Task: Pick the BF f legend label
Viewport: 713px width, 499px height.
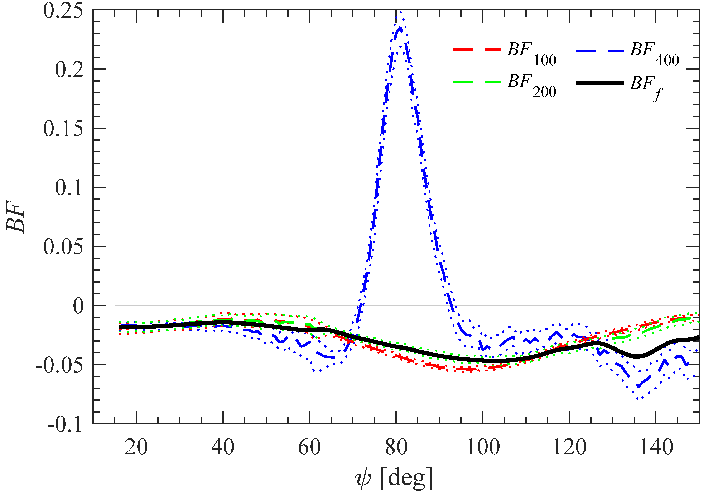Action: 646,87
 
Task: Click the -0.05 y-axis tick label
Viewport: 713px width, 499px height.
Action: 59,365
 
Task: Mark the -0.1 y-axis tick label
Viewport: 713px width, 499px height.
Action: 65,424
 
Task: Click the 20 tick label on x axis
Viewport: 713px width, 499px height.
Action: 136,447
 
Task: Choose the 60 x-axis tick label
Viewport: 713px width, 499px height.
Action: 309,447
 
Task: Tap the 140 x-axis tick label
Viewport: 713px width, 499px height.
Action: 656,447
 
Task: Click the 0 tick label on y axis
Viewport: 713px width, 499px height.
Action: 78,306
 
